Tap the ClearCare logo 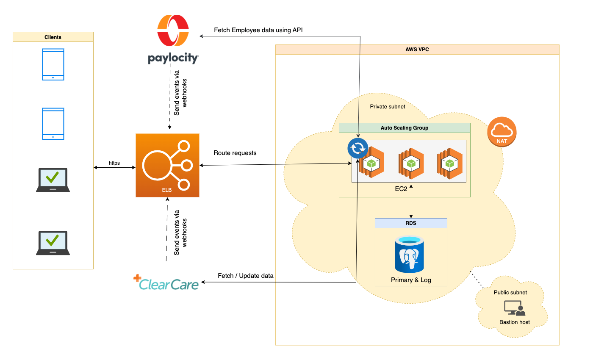point(166,283)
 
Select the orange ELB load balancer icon point(167,165)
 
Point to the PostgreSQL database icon point(410,255)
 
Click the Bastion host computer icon point(514,308)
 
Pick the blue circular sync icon point(358,149)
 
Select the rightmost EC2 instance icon point(450,163)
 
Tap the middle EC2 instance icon point(410,163)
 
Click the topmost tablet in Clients point(53,64)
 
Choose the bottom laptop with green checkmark point(53,243)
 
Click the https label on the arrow point(114,163)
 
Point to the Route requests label point(235,153)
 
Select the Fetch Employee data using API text point(258,30)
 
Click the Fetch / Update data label point(246,276)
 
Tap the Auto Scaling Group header point(405,128)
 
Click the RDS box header point(411,223)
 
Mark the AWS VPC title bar point(417,50)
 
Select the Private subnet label point(388,107)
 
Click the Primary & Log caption point(411,280)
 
